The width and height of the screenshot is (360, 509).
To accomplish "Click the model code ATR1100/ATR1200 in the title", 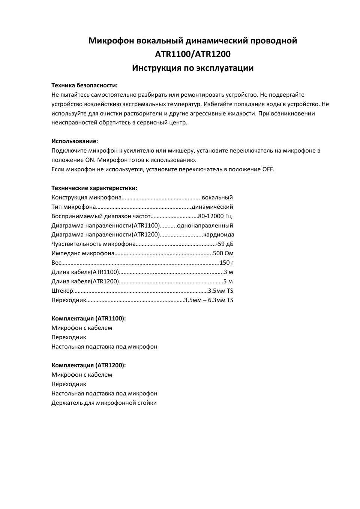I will pos(193,54).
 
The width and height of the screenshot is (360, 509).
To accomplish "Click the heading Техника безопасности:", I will pos(84,85).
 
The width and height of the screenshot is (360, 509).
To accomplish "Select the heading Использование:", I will pos(75,141).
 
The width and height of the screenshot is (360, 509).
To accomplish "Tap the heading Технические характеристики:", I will pos(94,188).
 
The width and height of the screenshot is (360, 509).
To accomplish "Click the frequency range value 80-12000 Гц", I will pos(215,216).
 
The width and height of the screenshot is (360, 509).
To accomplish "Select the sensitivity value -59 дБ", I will pos(225,244).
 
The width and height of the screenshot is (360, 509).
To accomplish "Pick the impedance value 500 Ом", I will pos(223,253).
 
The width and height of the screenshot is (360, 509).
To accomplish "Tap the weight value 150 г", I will pos(226,263).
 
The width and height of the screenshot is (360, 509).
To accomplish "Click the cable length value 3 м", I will pos(228,272).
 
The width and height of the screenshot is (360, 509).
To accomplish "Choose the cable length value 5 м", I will pos(228,281).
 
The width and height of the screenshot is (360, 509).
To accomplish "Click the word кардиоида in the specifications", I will pos(219,235).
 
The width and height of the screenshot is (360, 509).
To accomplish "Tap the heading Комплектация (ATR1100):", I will pos(88,319).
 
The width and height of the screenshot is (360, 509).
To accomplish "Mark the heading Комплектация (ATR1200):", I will pos(88,365).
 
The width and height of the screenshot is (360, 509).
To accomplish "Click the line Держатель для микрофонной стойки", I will pos(104,403).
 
